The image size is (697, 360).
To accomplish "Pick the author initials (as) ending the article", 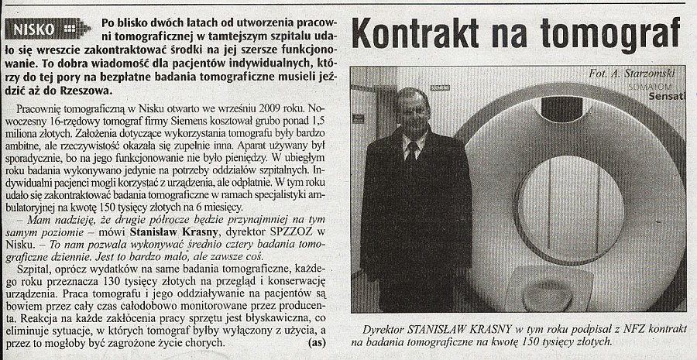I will point(317,341).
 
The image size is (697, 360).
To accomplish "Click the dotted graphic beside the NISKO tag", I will point(70,29).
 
